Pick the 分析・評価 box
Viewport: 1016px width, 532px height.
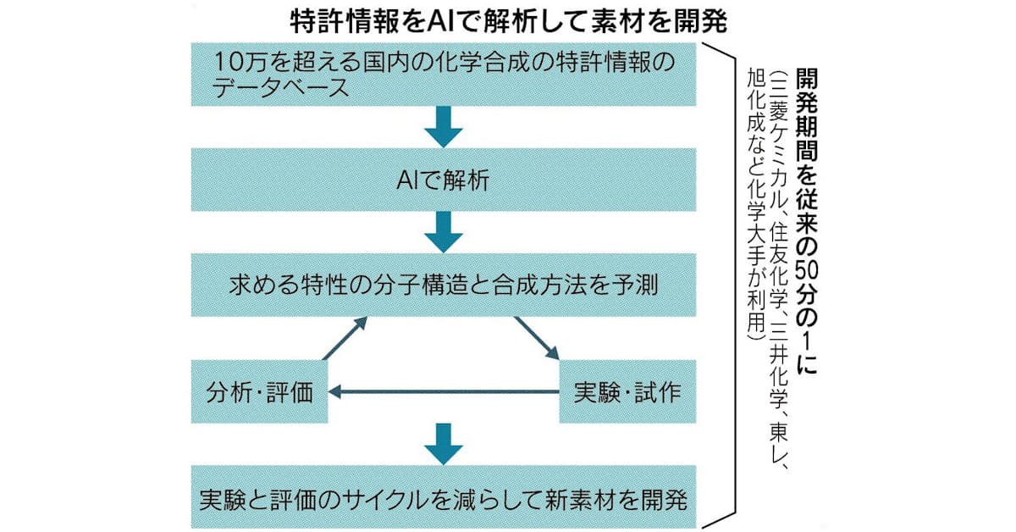click(259, 391)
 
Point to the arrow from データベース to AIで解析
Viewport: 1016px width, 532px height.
click(444, 128)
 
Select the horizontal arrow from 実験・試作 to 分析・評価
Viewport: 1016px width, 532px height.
click(444, 391)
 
